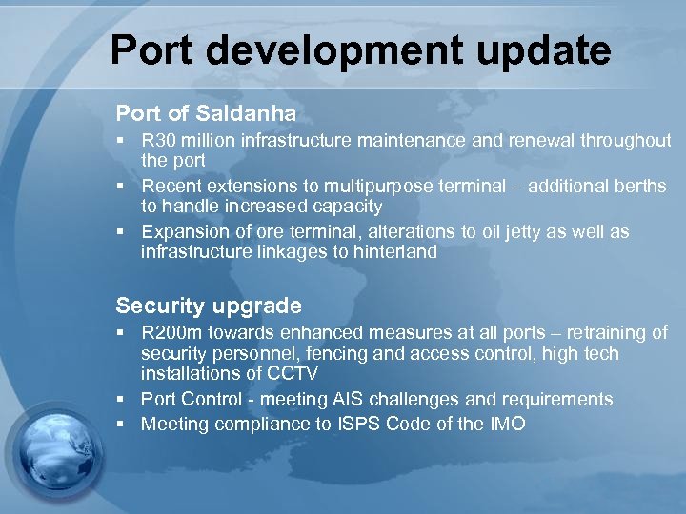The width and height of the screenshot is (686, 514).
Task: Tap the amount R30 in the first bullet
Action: click(158, 141)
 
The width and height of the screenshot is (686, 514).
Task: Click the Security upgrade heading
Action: click(209, 306)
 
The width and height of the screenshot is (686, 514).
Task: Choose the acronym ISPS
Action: click(361, 425)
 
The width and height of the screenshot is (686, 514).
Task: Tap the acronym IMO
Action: click(504, 425)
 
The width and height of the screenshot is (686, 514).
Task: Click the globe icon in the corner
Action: click(57, 457)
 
